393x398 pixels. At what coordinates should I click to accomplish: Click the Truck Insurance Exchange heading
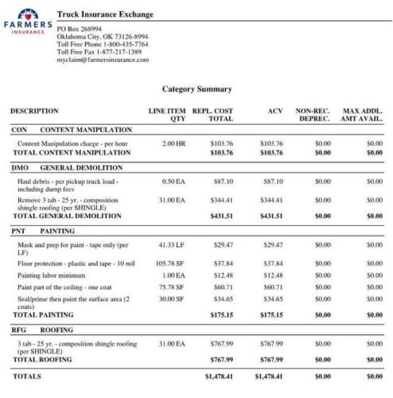[106, 14]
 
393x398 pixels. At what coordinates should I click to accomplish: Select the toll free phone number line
[103, 45]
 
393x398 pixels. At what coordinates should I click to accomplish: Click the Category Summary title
[197, 89]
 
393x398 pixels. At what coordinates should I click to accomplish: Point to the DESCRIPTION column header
[34, 111]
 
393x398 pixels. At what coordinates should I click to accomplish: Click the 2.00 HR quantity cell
[173, 143]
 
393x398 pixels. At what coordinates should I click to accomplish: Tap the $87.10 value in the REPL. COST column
[224, 181]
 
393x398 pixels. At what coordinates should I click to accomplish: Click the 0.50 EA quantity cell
[173, 181]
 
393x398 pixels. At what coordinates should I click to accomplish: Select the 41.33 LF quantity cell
[172, 245]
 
